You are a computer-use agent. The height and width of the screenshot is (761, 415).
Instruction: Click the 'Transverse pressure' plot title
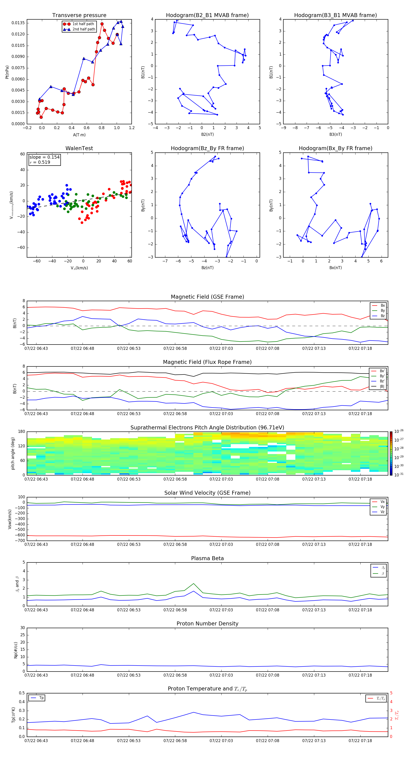point(79,15)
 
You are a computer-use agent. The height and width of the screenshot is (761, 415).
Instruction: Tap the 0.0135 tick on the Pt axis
point(18,23)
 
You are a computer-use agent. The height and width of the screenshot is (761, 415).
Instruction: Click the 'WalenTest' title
point(79,148)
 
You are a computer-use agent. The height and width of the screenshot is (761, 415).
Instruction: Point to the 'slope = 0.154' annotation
point(44,157)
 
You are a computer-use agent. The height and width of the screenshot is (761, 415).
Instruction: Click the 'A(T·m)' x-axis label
point(79,135)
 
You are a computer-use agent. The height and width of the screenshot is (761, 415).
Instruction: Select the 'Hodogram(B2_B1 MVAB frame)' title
point(207,15)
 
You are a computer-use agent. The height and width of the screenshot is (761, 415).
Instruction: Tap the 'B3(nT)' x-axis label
point(335,134)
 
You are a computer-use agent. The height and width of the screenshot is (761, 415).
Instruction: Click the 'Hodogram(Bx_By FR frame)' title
point(335,148)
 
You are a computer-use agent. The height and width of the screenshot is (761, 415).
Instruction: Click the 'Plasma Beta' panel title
point(207,558)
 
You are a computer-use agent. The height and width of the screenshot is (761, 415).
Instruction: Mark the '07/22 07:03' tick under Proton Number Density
point(221,675)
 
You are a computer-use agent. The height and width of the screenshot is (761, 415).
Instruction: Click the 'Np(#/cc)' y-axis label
point(16,650)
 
